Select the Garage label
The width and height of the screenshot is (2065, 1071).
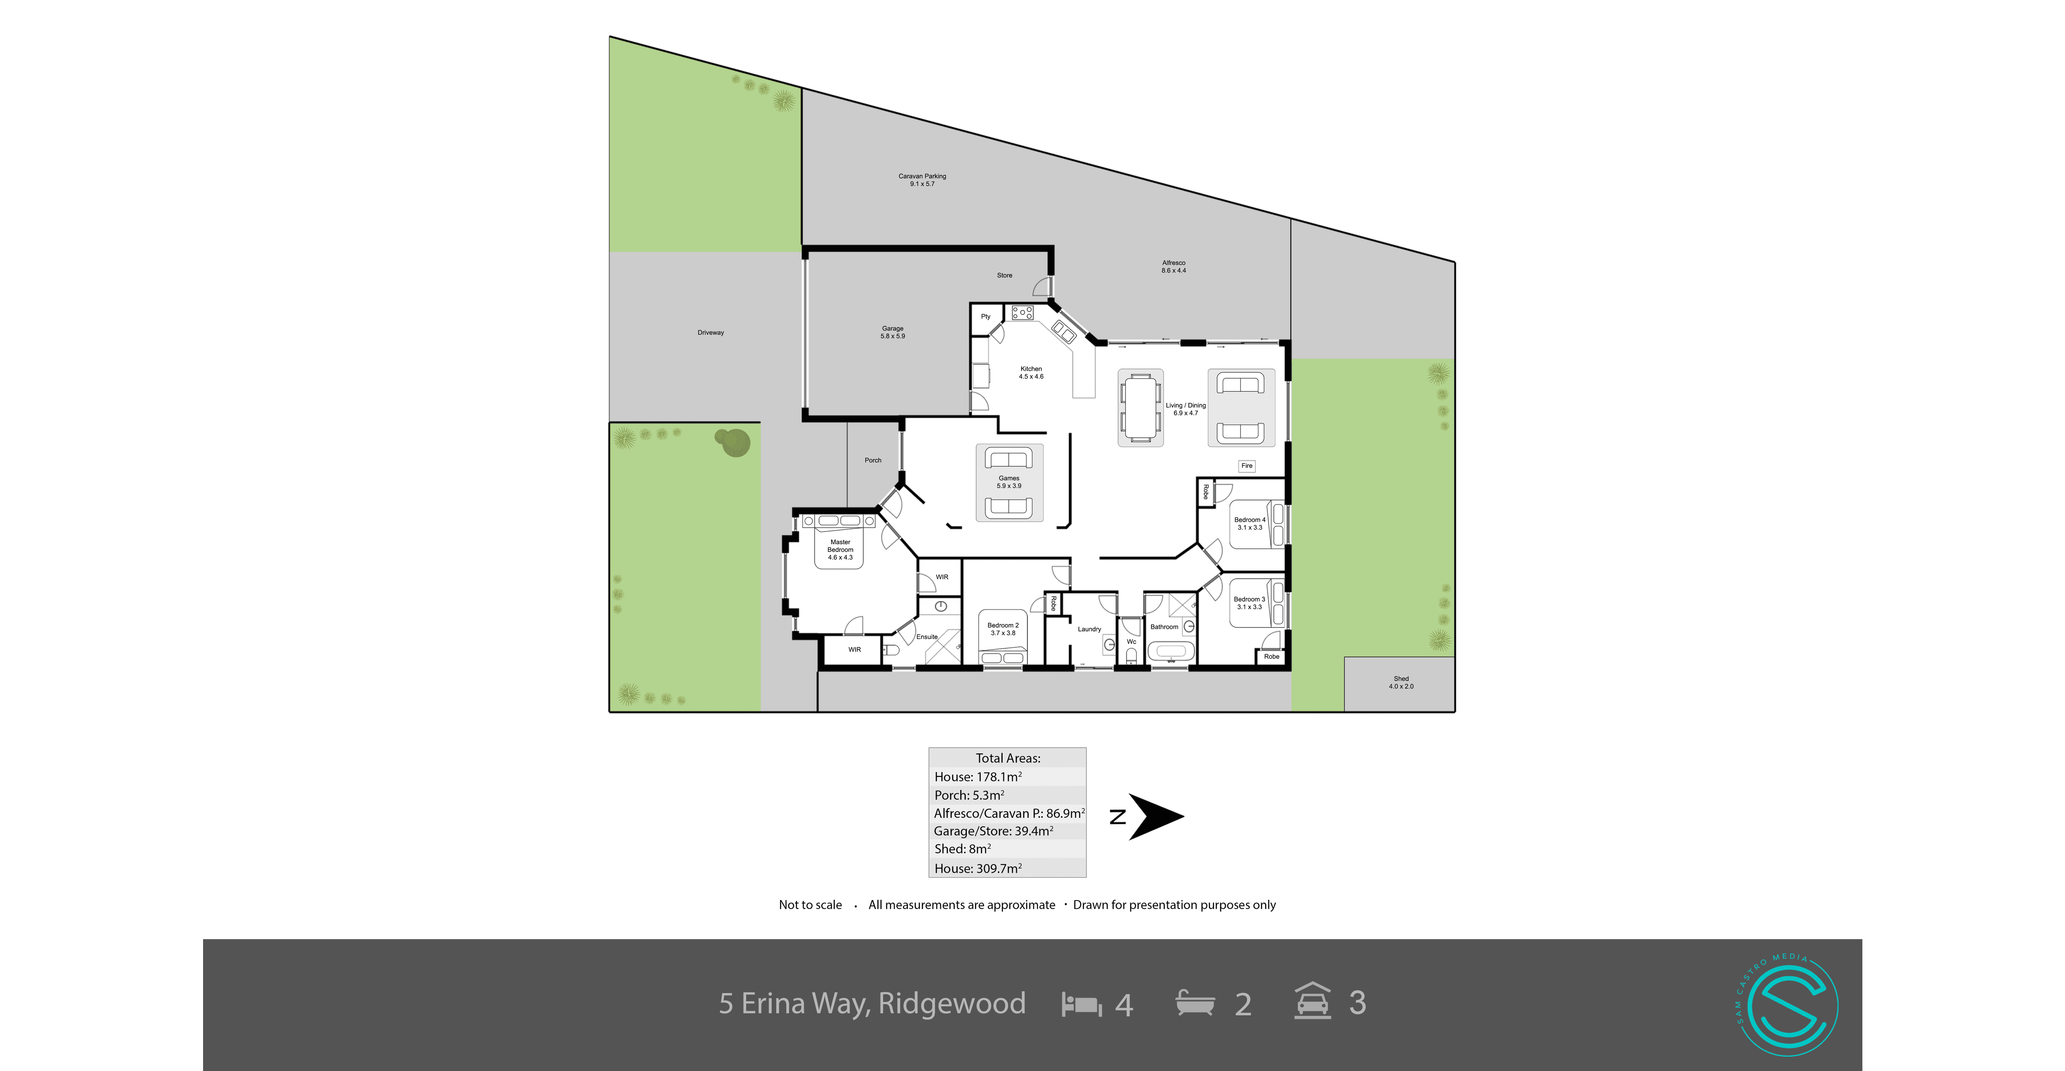(x=892, y=332)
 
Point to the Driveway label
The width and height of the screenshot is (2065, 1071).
(x=710, y=332)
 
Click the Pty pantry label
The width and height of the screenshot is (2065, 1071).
(x=986, y=317)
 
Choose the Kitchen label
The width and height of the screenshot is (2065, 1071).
(x=1031, y=373)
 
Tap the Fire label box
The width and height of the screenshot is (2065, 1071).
(x=1247, y=466)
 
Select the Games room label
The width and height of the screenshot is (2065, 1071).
(x=1008, y=482)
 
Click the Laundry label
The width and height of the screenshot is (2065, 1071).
(x=1088, y=629)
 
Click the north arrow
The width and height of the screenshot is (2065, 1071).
(x=1155, y=817)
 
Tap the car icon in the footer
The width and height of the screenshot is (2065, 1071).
(x=1312, y=1001)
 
